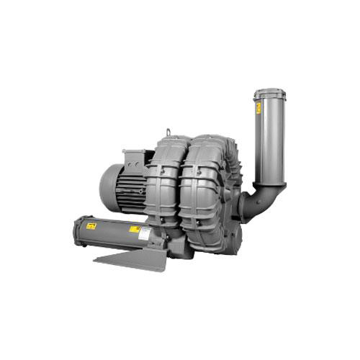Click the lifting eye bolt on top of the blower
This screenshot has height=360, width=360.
(169, 132)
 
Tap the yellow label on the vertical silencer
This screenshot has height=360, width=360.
(258, 108)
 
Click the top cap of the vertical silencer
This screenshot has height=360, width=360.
(269, 93)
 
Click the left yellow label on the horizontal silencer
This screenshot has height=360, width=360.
(91, 226)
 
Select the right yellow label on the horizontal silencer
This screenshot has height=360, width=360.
(134, 229)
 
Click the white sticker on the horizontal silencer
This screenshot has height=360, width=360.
(144, 233)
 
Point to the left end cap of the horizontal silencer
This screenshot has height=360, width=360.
(77, 233)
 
